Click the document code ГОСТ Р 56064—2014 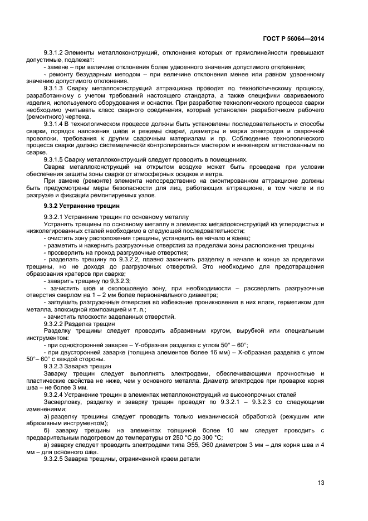pos(293,38)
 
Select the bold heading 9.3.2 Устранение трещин pos(80,206)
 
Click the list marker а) pos(47,416)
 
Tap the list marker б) pos(47,431)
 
